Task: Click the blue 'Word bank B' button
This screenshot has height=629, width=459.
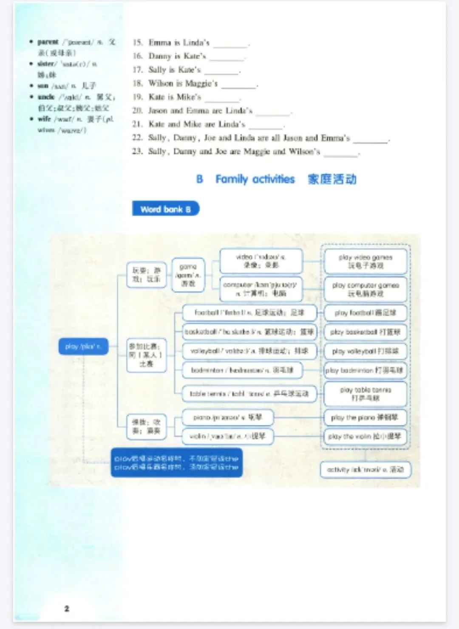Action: tap(165, 209)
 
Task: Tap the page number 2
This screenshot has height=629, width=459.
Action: tap(67, 608)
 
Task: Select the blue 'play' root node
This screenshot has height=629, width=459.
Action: tap(83, 347)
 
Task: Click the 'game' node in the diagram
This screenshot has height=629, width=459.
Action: tap(188, 275)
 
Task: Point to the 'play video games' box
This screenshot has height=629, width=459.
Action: tap(365, 261)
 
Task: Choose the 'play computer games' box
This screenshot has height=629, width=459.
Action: tap(365, 289)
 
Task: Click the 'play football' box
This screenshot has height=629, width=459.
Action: tap(365, 313)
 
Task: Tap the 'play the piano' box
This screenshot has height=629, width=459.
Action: tap(365, 417)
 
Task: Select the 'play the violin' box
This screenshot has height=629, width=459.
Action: tap(365, 436)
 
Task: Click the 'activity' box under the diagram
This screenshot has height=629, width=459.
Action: tap(365, 470)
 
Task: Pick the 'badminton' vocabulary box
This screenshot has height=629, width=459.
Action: tap(242, 370)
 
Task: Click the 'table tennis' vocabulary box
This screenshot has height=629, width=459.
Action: tap(249, 394)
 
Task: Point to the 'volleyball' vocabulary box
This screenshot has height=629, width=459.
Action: tap(249, 351)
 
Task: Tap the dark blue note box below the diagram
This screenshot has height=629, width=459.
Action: tap(176, 463)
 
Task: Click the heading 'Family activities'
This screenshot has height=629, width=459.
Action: tap(255, 179)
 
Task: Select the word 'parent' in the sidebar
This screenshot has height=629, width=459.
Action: tap(48, 42)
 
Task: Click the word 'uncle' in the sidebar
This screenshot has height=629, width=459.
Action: tap(46, 97)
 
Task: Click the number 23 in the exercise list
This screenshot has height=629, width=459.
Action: tap(137, 151)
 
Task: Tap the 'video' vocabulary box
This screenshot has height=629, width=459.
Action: tap(261, 261)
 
